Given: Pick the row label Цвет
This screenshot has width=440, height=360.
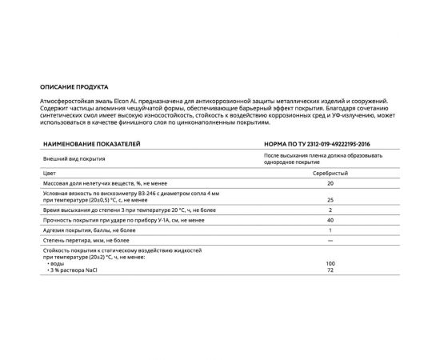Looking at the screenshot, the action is click(x=50, y=172).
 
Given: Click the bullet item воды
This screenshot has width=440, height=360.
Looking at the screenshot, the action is click(x=58, y=262).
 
